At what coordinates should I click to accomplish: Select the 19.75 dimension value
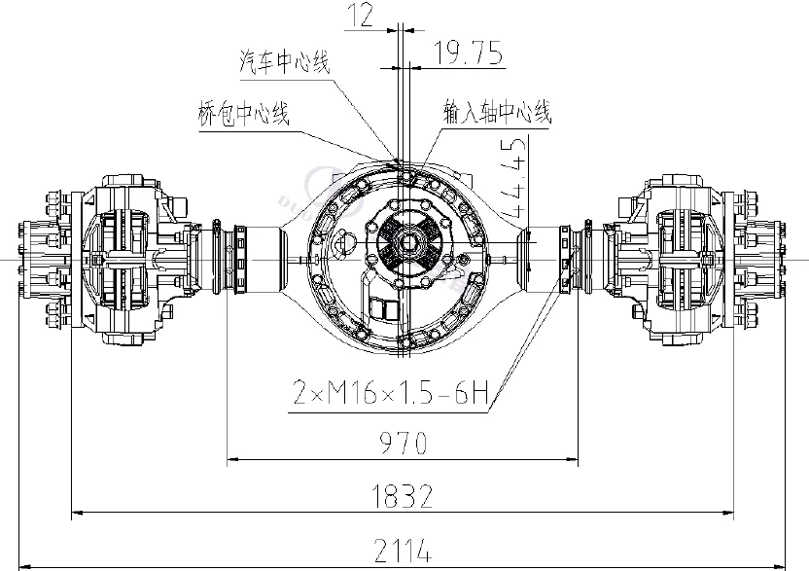point(468,54)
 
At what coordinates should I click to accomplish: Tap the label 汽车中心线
point(285,63)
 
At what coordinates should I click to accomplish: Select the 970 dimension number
point(402,444)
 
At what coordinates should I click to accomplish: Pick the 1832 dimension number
point(402,497)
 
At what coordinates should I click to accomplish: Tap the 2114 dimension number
point(402,551)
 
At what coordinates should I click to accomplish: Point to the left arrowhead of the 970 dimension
point(231,458)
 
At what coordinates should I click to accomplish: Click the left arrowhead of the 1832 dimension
point(75,512)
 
